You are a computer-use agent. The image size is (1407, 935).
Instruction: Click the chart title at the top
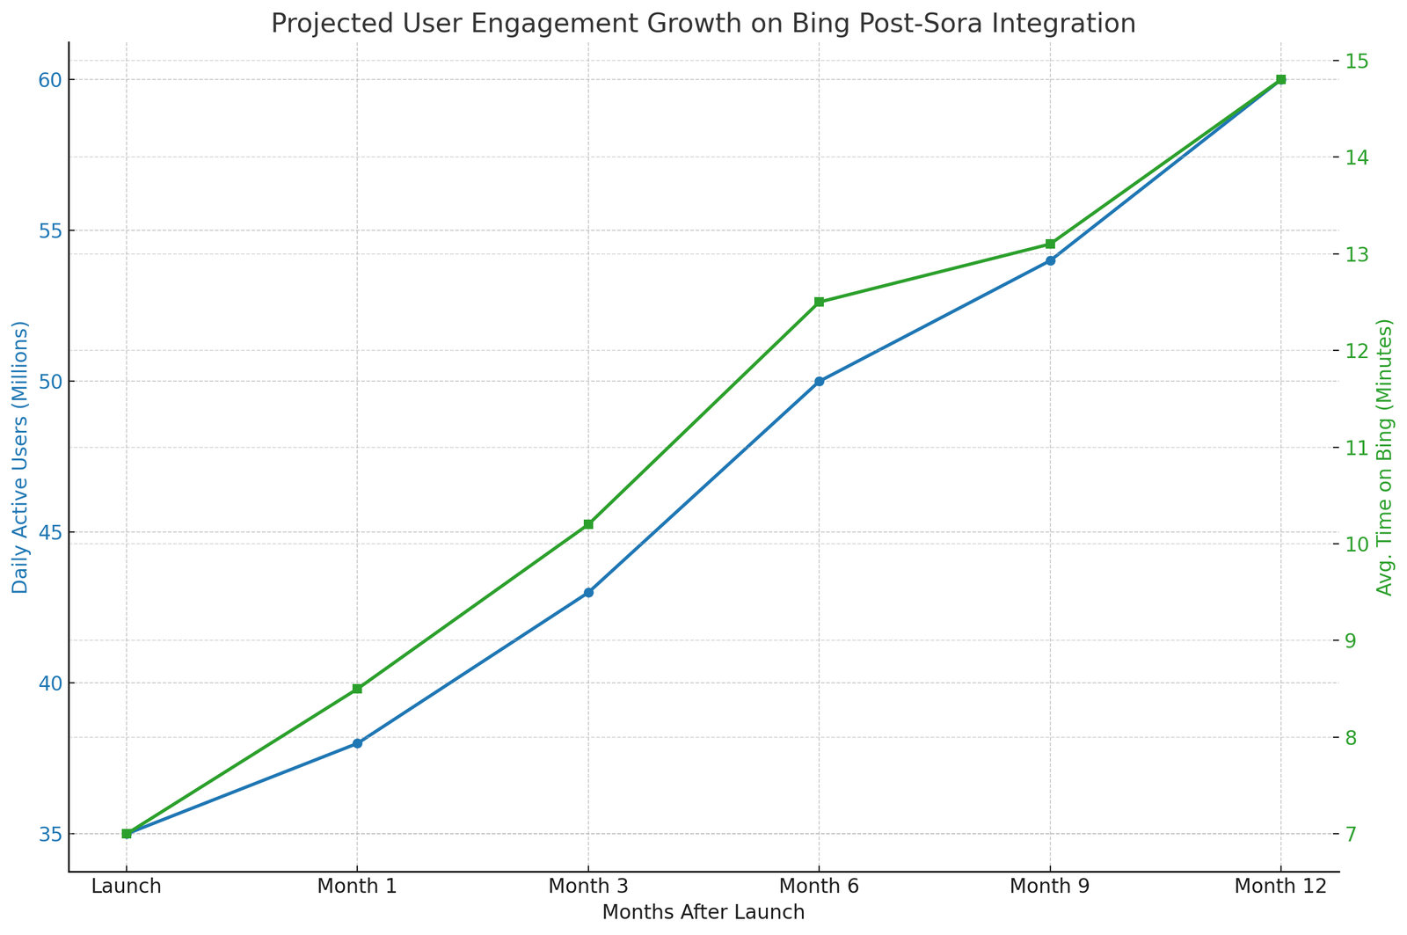point(703,23)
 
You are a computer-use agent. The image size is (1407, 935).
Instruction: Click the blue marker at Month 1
point(357,743)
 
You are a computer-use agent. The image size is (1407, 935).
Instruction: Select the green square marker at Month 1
point(357,689)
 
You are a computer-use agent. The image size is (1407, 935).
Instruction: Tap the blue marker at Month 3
point(588,593)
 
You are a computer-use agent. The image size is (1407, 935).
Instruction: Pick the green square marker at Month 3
point(588,524)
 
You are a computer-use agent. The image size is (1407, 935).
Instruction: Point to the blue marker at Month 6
point(819,382)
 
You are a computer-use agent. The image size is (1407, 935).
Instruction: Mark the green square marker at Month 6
point(819,302)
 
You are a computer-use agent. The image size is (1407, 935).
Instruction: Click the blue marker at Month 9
point(1050,260)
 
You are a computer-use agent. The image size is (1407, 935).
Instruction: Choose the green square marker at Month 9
point(1050,244)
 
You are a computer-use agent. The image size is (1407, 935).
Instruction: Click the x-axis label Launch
point(127,887)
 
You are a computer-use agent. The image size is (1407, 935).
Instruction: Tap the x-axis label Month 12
point(1280,887)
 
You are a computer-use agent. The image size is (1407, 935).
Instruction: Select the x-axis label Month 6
point(819,887)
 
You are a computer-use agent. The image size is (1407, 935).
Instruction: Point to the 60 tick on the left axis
point(49,80)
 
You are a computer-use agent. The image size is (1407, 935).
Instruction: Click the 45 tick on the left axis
point(49,532)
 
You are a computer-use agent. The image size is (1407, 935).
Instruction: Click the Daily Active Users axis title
point(20,457)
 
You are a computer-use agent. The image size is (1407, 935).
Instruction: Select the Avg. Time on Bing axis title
point(1386,457)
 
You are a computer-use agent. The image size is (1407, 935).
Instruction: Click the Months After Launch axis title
point(703,913)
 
